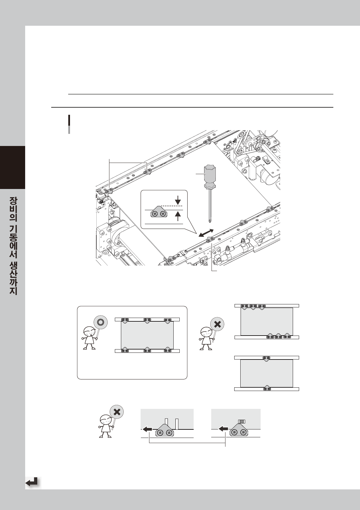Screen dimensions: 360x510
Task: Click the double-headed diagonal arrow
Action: pos(206,233)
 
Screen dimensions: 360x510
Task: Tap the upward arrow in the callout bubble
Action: pos(178,216)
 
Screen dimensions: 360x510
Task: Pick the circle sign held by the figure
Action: pos(101,323)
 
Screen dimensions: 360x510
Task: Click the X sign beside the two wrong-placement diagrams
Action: pos(217,324)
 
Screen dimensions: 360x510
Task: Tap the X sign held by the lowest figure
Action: pos(117,412)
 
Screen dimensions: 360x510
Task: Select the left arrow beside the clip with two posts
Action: pos(148,429)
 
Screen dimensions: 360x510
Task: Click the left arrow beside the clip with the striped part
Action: pos(223,429)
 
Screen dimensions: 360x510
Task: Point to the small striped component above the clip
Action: pos(242,422)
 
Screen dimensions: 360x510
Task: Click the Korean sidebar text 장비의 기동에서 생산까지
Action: pos(13,246)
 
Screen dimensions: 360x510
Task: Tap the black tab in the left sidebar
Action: pos(12,167)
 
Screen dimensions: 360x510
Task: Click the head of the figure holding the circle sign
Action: pos(88,331)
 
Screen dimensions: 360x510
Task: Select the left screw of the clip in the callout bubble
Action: pos(155,214)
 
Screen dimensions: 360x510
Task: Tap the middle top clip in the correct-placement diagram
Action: pos(147,321)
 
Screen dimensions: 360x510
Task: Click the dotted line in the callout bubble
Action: pos(172,206)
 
